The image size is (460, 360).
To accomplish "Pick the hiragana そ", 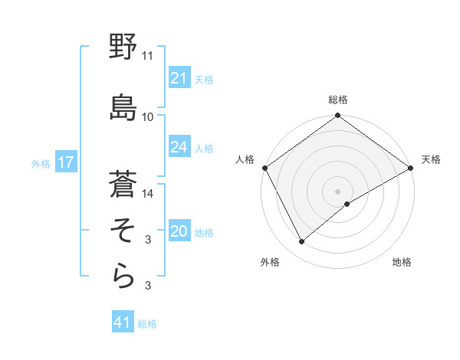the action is [123, 230].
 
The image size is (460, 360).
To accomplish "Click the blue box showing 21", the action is [179, 78].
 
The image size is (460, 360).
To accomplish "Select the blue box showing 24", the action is [179, 147].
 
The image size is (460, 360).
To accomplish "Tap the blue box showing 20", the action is [179, 231].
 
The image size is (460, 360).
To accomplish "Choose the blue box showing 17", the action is [65, 163].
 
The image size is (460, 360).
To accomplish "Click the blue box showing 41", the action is [123, 322].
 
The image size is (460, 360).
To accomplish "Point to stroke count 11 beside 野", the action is [148, 56].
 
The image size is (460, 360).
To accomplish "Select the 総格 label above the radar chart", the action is [338, 100].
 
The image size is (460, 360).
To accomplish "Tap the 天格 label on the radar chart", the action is [432, 159].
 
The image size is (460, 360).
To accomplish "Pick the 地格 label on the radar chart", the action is [402, 262].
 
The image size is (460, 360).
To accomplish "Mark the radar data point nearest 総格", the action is [337, 116].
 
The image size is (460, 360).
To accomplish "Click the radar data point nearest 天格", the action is [411, 168].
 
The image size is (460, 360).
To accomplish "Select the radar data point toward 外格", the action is [302, 241].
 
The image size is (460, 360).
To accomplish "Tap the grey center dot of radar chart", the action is [337, 191].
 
